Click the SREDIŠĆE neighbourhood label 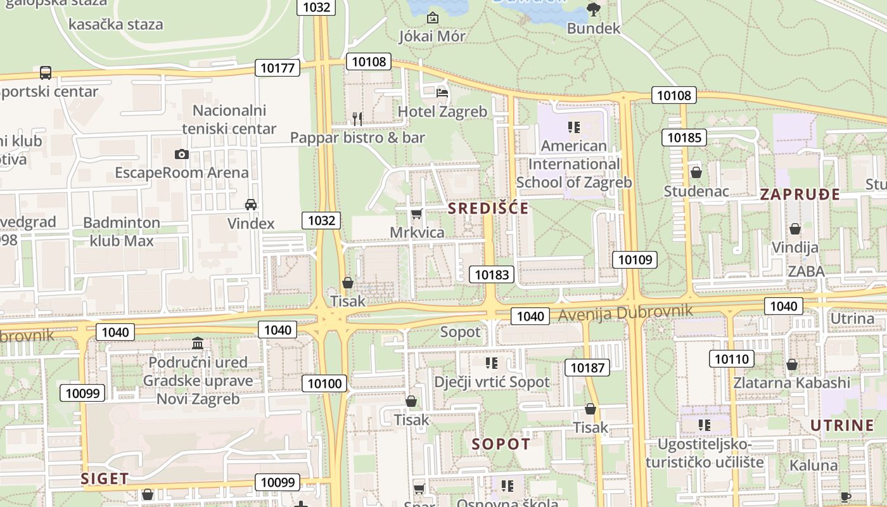pyautogui.click(x=488, y=208)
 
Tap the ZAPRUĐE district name pyautogui.click(x=800, y=195)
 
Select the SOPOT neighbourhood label pyautogui.click(x=501, y=444)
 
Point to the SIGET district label pyautogui.click(x=105, y=478)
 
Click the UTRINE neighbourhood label pyautogui.click(x=842, y=425)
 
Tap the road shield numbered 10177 pyautogui.click(x=278, y=68)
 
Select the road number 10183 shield pyautogui.click(x=491, y=274)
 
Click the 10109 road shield pyautogui.click(x=634, y=259)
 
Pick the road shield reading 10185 pyautogui.click(x=684, y=138)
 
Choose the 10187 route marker pyautogui.click(x=587, y=368)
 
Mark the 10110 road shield pyautogui.click(x=731, y=359)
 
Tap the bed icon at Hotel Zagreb pyautogui.click(x=442, y=93)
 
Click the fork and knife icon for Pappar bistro pyautogui.click(x=357, y=119)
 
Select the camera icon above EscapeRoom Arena pyautogui.click(x=182, y=154)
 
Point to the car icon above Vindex pyautogui.click(x=251, y=205)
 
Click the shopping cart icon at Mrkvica pyautogui.click(x=416, y=214)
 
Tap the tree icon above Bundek pyautogui.click(x=593, y=9)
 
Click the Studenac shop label pyautogui.click(x=696, y=191)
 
